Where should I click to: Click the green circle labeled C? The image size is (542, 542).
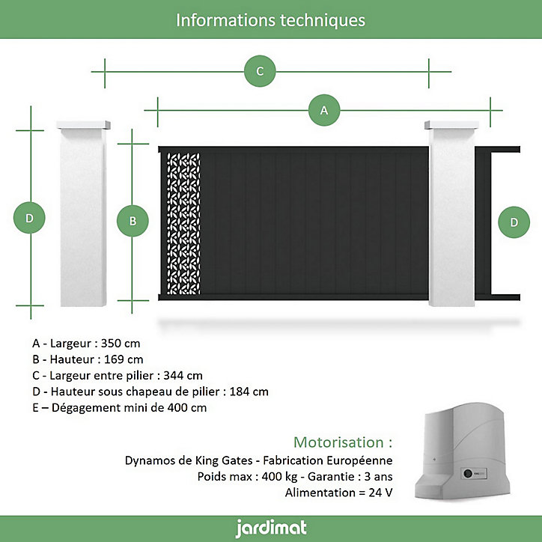tap(260, 71)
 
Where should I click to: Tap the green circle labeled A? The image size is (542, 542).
tap(324, 110)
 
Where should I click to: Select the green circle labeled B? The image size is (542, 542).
tap(133, 221)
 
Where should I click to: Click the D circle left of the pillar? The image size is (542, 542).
tap(29, 218)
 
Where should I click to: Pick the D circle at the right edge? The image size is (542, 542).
tap(514, 222)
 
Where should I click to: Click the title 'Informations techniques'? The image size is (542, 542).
tap(271, 20)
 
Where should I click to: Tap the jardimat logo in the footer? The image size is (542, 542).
tap(271, 529)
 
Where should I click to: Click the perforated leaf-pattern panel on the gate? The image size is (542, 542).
tap(183, 224)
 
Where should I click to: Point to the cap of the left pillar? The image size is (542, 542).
tap(83, 125)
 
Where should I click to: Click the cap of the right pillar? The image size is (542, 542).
tap(451, 125)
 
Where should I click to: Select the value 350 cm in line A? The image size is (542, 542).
tap(121, 344)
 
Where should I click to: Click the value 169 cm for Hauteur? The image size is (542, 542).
tap(124, 359)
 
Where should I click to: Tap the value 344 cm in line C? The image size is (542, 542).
tap(183, 375)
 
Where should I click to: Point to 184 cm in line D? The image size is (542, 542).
tap(249, 392)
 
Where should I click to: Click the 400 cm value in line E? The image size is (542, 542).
tap(187, 407)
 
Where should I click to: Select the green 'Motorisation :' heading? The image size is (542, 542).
tap(343, 442)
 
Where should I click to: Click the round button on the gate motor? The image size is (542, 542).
tap(468, 473)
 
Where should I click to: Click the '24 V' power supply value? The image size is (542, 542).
tap(380, 493)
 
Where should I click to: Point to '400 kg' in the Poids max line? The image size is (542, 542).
tap(280, 476)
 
